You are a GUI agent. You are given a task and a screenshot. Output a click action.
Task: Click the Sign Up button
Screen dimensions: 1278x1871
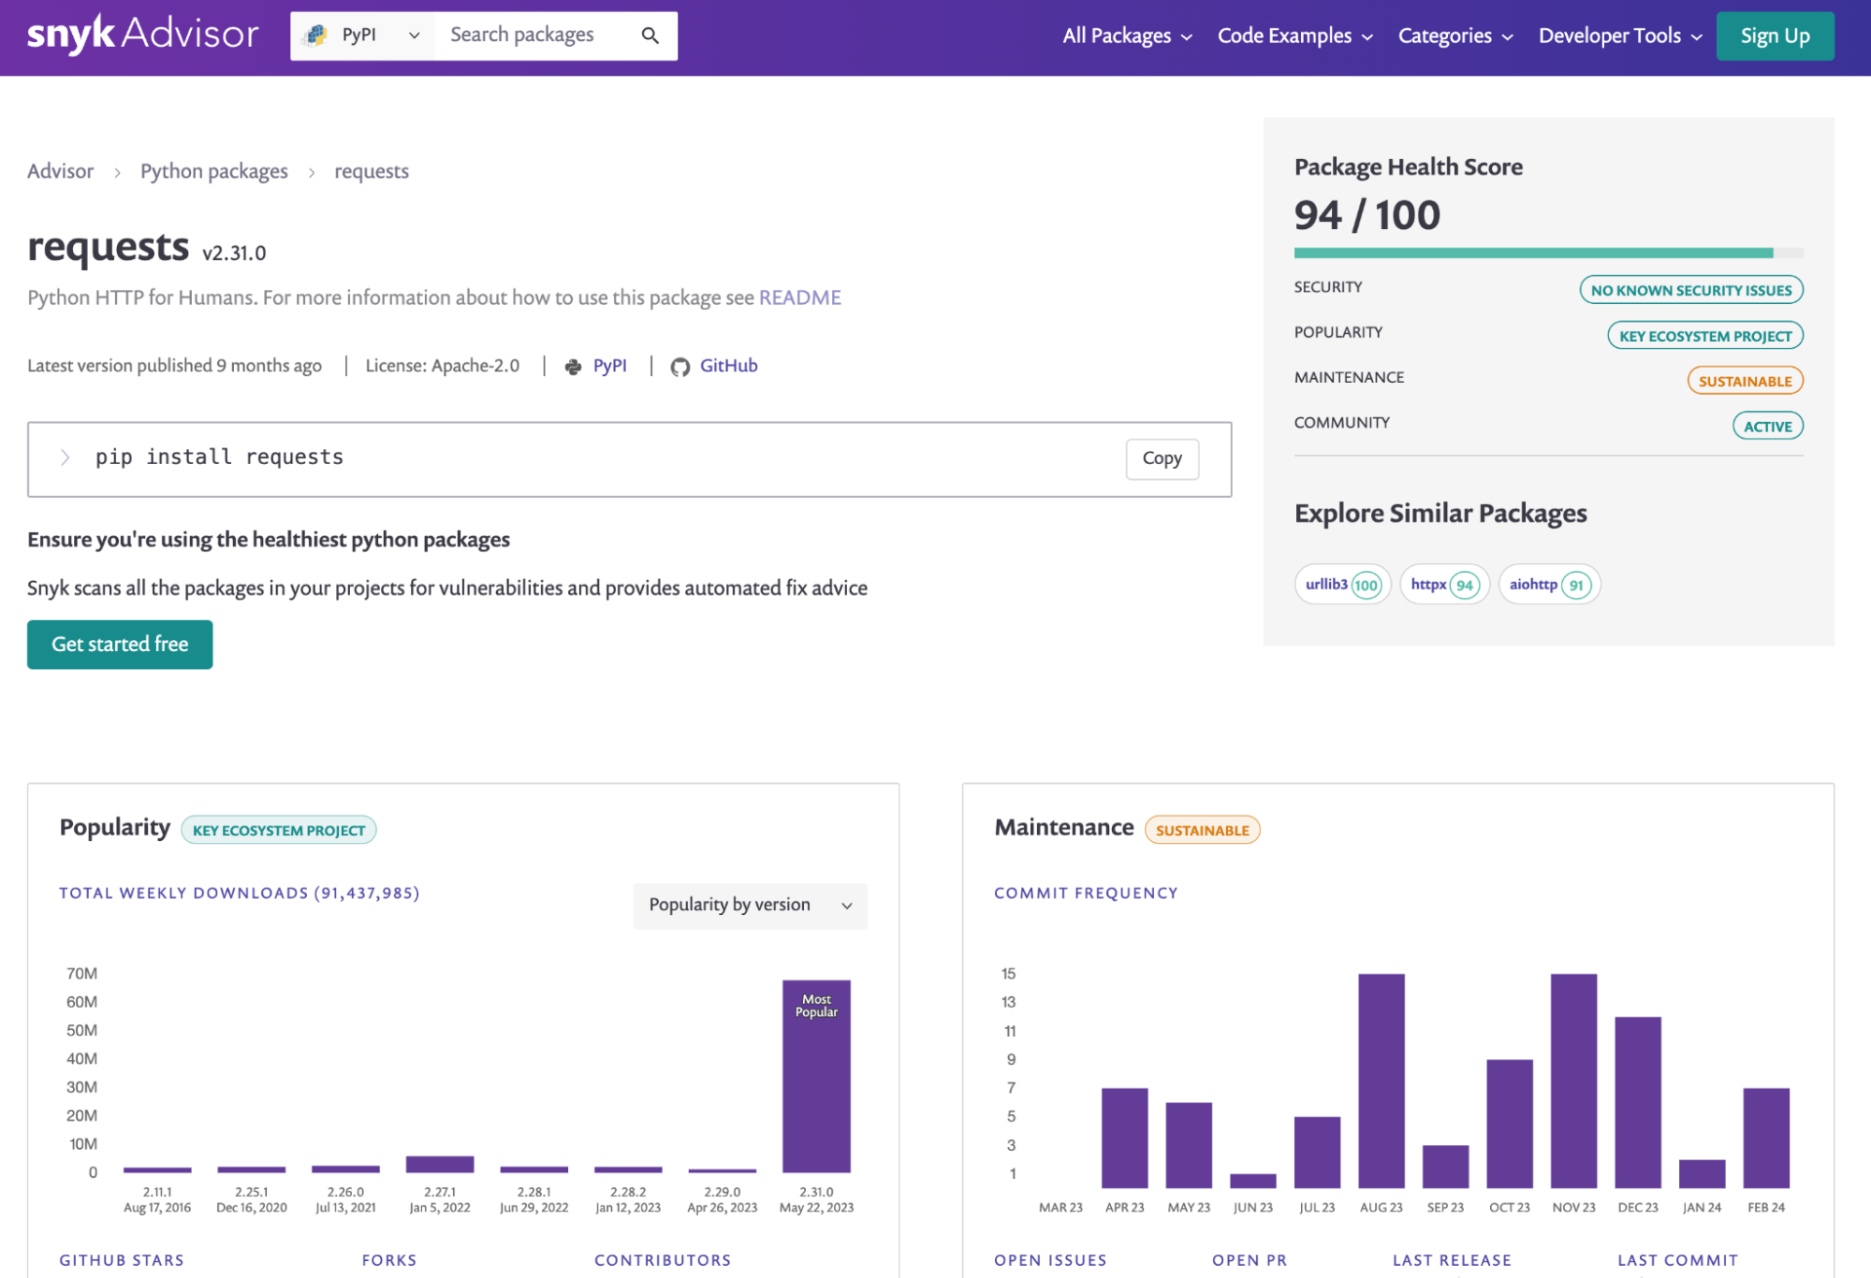click(x=1774, y=36)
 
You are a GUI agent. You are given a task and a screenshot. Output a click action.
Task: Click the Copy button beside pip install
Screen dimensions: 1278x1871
click(x=1161, y=458)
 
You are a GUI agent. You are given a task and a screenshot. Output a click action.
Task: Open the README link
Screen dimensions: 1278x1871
click(x=799, y=298)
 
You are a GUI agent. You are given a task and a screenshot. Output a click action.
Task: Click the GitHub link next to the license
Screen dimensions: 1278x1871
click(x=727, y=366)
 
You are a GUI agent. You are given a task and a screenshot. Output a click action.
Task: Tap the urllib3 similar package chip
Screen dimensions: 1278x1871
click(x=1341, y=585)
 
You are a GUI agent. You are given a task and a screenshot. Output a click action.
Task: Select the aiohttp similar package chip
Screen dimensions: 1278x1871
click(x=1548, y=585)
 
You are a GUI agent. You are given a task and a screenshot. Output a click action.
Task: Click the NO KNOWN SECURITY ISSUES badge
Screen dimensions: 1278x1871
click(x=1689, y=290)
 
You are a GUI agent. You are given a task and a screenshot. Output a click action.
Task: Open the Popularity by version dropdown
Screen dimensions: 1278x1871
click(x=750, y=905)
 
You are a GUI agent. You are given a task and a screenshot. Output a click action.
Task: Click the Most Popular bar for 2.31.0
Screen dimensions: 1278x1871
click(x=816, y=1076)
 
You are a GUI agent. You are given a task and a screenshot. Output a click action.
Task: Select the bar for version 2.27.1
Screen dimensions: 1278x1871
click(x=439, y=1164)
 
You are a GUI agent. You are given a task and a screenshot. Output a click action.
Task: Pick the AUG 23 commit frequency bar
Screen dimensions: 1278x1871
click(x=1381, y=1081)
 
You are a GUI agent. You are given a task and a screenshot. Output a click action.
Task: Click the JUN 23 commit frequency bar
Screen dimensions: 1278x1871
click(x=1252, y=1180)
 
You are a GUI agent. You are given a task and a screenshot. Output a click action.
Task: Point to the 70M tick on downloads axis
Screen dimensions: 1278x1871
click(x=82, y=974)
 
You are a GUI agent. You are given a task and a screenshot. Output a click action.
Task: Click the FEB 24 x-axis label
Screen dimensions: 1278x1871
click(x=1765, y=1208)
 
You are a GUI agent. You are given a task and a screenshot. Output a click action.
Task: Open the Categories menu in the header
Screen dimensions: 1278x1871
click(x=1454, y=36)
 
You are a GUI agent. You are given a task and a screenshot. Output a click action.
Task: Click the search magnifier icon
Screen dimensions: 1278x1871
click(x=650, y=36)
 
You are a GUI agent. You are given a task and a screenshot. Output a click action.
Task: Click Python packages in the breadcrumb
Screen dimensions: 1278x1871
click(x=213, y=171)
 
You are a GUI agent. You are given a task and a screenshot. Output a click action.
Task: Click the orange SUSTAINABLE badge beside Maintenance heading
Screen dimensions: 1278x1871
click(x=1202, y=830)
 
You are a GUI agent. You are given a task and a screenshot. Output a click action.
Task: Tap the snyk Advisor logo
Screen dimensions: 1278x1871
click(x=142, y=35)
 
